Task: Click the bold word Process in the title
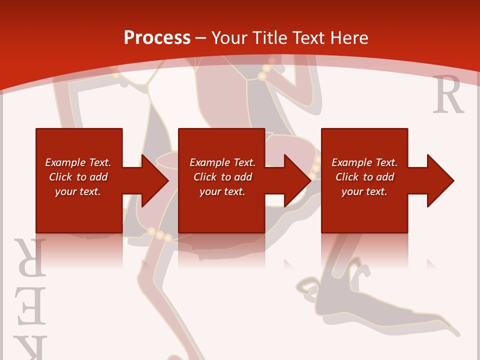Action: tap(157, 37)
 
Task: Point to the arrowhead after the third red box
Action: tap(439, 180)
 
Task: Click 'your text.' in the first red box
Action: tap(77, 191)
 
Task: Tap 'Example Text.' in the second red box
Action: tap(222, 162)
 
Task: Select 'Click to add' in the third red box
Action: tap(364, 177)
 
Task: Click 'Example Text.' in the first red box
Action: tap(77, 162)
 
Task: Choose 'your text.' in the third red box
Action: tap(364, 191)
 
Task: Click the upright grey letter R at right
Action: tap(448, 95)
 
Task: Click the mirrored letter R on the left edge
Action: tap(31, 258)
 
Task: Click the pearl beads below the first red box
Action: tap(159, 234)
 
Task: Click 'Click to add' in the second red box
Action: tap(222, 177)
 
